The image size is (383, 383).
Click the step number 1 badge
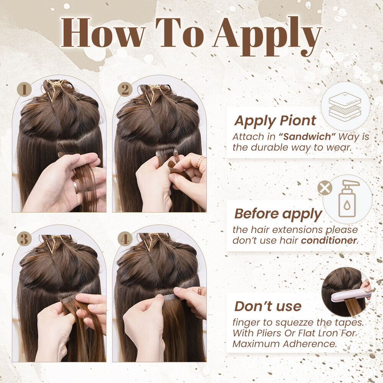(x=24, y=89)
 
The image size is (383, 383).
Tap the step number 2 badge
(x=125, y=89)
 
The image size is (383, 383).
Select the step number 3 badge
(x=24, y=239)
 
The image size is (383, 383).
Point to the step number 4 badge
(x=125, y=239)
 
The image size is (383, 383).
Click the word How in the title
(x=103, y=33)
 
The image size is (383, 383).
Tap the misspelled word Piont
(x=298, y=120)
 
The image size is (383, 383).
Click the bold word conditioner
(x=329, y=241)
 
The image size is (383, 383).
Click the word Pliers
(x=269, y=333)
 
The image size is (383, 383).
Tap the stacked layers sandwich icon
(x=345, y=106)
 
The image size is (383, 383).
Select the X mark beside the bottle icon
(x=325, y=188)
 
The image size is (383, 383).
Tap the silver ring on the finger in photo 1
(x=76, y=187)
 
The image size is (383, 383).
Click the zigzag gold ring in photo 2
(x=200, y=161)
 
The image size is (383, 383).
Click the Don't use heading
(x=268, y=306)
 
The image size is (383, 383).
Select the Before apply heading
(x=278, y=214)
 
